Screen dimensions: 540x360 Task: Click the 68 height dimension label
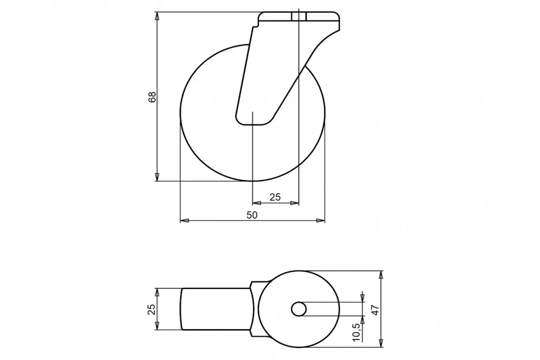click(152, 97)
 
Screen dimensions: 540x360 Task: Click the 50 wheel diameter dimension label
click(252, 215)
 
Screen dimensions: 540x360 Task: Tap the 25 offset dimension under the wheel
click(275, 197)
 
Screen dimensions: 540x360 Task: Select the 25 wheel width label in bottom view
click(152, 309)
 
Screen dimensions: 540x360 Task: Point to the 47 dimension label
click(375, 310)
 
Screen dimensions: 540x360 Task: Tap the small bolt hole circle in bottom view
click(299, 309)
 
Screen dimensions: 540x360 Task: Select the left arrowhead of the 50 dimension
click(185, 220)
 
